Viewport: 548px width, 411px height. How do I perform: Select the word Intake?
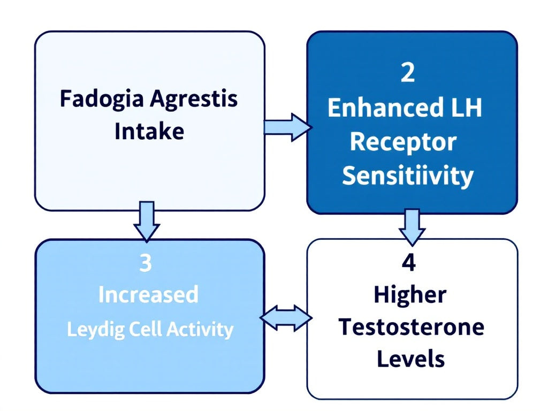pyautogui.click(x=149, y=131)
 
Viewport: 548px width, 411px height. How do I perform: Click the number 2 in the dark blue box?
pyautogui.click(x=408, y=74)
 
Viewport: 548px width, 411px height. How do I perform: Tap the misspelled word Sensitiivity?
pyautogui.click(x=408, y=176)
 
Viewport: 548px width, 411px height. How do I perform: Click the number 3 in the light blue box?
pyautogui.click(x=145, y=264)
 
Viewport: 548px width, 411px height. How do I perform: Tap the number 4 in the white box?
pyautogui.click(x=409, y=264)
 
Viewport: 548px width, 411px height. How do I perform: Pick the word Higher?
pyautogui.click(x=410, y=295)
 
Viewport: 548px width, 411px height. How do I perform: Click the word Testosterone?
pyautogui.click(x=411, y=327)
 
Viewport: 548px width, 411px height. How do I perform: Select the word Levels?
pyautogui.click(x=410, y=359)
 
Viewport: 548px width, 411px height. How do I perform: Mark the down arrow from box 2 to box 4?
pyautogui.click(x=412, y=226)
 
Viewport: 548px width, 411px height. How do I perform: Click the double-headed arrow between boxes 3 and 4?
pyautogui.click(x=286, y=318)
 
